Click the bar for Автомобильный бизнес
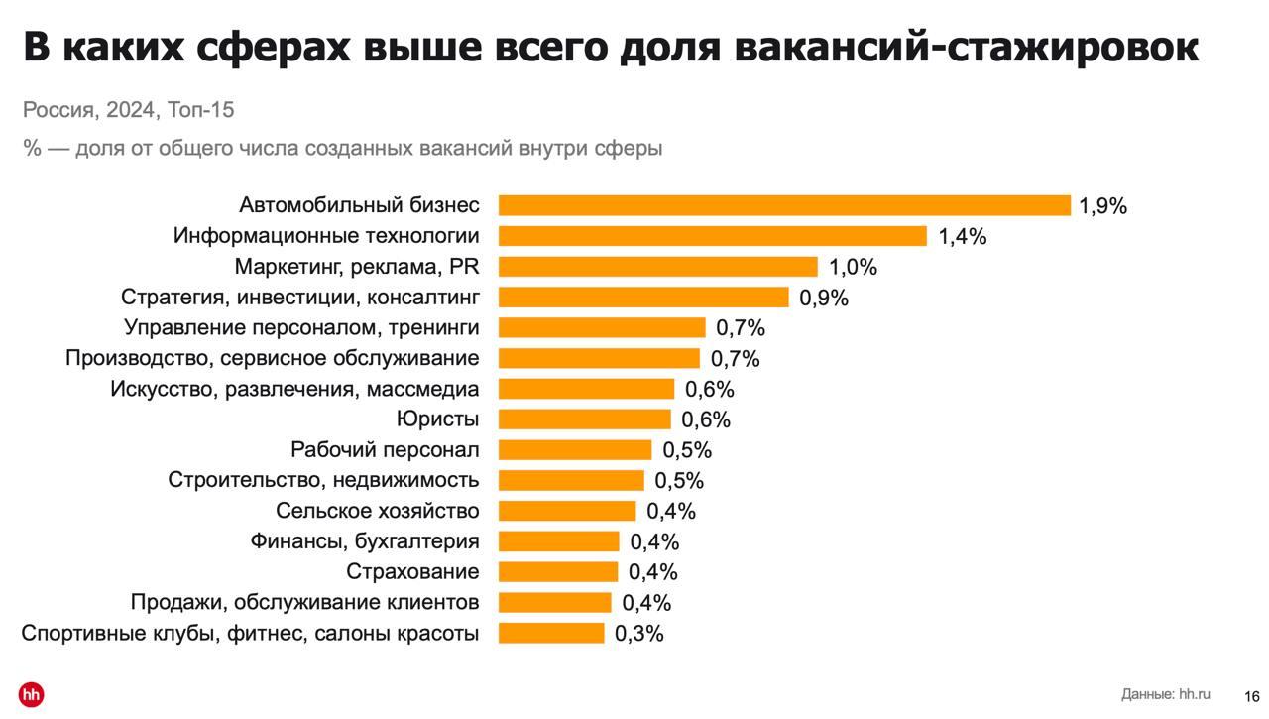(784, 205)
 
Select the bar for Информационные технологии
(712, 236)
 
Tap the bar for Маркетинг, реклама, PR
(657, 267)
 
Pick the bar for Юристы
(584, 419)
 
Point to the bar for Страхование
(557, 572)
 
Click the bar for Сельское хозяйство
(566, 511)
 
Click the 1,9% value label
(1102, 206)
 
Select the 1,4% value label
(962, 237)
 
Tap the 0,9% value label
(824, 298)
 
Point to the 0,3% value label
(638, 634)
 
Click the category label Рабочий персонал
(385, 450)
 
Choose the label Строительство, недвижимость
(323, 481)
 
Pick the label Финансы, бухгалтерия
(364, 541)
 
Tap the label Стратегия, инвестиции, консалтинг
(299, 298)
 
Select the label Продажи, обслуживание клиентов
(304, 603)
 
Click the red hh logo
(31, 694)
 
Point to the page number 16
(1252, 696)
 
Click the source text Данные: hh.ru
(1166, 694)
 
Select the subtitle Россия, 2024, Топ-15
(129, 110)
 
